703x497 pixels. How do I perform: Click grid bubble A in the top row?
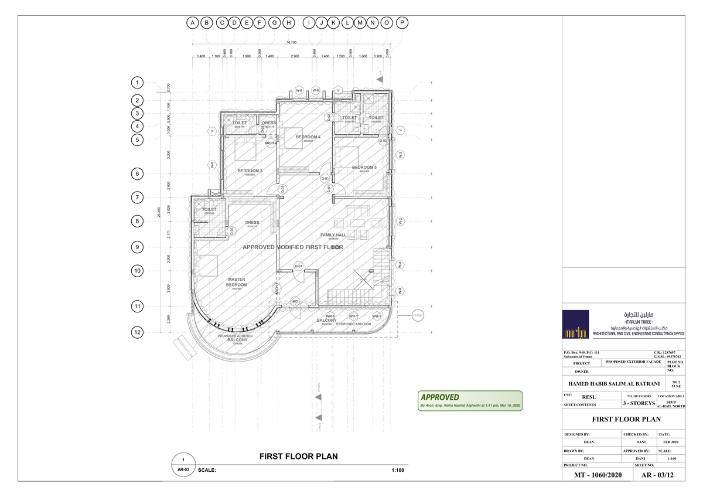pos(192,23)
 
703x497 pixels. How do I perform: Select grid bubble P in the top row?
pos(402,23)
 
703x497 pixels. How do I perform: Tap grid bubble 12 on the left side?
pos(137,332)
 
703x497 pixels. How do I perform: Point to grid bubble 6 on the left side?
pos(137,174)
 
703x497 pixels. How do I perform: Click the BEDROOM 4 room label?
pos(308,137)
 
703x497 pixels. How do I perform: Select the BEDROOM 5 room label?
pos(364,168)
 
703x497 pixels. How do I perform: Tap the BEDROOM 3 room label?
pos(250,171)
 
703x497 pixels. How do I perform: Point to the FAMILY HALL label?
pos(333,235)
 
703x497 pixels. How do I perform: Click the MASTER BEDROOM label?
pos(237,282)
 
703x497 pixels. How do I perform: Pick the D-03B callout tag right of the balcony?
pos(418,315)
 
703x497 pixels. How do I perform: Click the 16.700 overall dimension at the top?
pos(291,43)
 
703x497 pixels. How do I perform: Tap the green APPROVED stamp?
pos(469,400)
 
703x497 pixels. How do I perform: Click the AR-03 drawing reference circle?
pos(183,470)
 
